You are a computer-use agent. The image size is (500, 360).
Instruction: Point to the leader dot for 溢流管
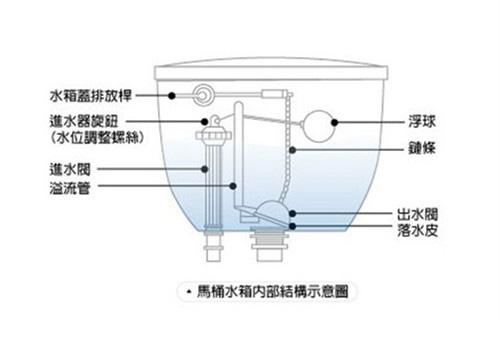click(232, 185)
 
